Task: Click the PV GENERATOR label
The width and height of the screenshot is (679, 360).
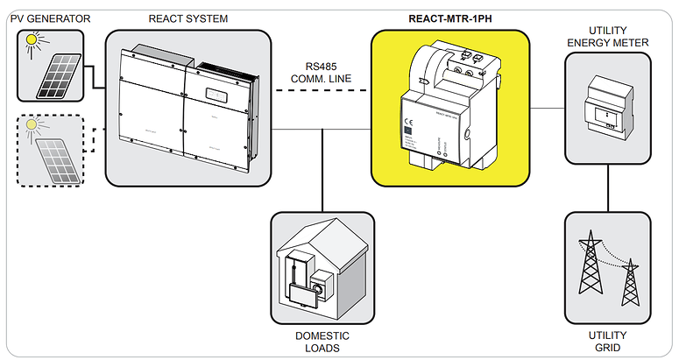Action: tap(44, 17)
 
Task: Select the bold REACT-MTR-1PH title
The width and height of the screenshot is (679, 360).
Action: tap(450, 18)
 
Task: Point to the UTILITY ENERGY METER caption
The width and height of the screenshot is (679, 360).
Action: tap(608, 36)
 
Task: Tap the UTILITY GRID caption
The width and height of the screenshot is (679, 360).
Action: tap(606, 342)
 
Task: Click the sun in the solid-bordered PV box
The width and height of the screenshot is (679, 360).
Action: tap(33, 39)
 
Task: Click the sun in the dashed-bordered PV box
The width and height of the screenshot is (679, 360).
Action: tap(33, 128)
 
